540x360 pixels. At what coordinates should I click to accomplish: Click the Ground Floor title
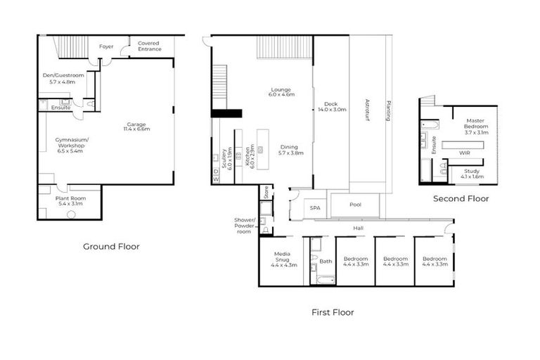click(111, 246)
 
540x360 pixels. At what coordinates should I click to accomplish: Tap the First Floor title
click(333, 311)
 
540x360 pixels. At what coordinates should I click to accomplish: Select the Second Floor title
click(461, 199)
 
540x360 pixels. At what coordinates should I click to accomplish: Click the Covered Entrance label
click(149, 46)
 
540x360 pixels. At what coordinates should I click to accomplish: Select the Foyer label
click(106, 46)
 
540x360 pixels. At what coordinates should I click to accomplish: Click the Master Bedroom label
click(477, 129)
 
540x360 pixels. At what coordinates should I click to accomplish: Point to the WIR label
click(465, 152)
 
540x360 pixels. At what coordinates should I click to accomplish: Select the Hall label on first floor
click(359, 228)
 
